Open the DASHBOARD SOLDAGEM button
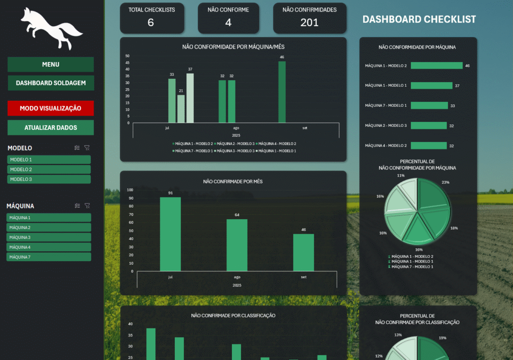51,83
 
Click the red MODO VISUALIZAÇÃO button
51,108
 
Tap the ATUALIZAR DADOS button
51,127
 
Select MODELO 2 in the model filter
49,169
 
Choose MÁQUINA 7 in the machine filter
49,257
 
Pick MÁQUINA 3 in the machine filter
49,237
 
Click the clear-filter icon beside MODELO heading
87,148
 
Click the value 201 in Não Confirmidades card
310,23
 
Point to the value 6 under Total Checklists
151,23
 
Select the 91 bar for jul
170,234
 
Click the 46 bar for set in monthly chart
304,252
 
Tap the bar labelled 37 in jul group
190,98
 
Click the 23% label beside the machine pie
445,183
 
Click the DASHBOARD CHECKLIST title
419,20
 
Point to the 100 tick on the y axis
130,190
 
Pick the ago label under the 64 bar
237,277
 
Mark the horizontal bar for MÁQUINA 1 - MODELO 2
436,66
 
